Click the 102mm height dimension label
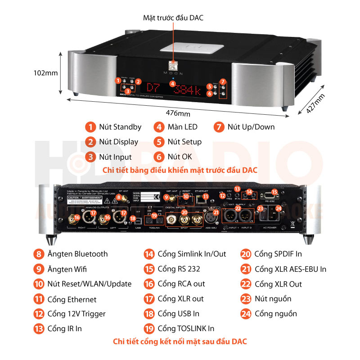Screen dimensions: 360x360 [46, 72]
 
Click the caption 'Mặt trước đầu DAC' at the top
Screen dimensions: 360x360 [173, 18]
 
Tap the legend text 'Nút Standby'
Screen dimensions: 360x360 [120, 127]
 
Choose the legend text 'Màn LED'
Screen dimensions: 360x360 [182, 127]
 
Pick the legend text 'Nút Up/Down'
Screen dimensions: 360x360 [251, 127]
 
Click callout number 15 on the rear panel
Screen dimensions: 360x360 [274, 192]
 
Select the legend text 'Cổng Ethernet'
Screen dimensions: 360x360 [72, 299]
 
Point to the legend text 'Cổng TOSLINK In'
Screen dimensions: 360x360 [186, 328]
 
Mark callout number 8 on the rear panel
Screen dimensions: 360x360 [118, 197]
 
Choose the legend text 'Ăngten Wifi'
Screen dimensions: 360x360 [67, 269]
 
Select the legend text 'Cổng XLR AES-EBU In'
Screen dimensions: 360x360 [290, 269]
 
